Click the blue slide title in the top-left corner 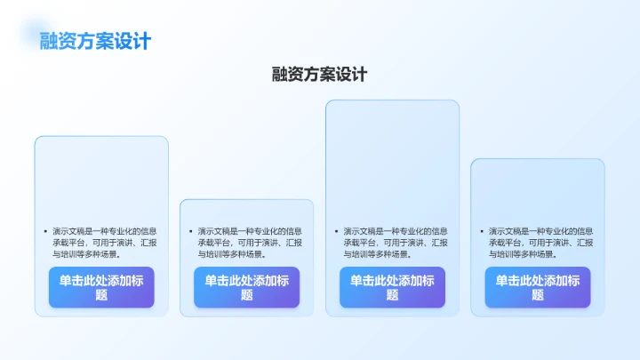[95, 41]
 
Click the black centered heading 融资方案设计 [319, 75]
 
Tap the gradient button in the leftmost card [101, 287]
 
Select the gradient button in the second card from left [246, 287]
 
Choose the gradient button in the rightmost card [537, 287]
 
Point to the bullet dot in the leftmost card [44, 231]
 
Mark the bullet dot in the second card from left [190, 231]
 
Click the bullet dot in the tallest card [335, 231]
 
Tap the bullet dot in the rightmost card [481, 231]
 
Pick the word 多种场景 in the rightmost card [540, 254]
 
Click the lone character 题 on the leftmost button [101, 295]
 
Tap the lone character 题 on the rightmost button [537, 295]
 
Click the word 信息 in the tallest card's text [440, 231]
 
